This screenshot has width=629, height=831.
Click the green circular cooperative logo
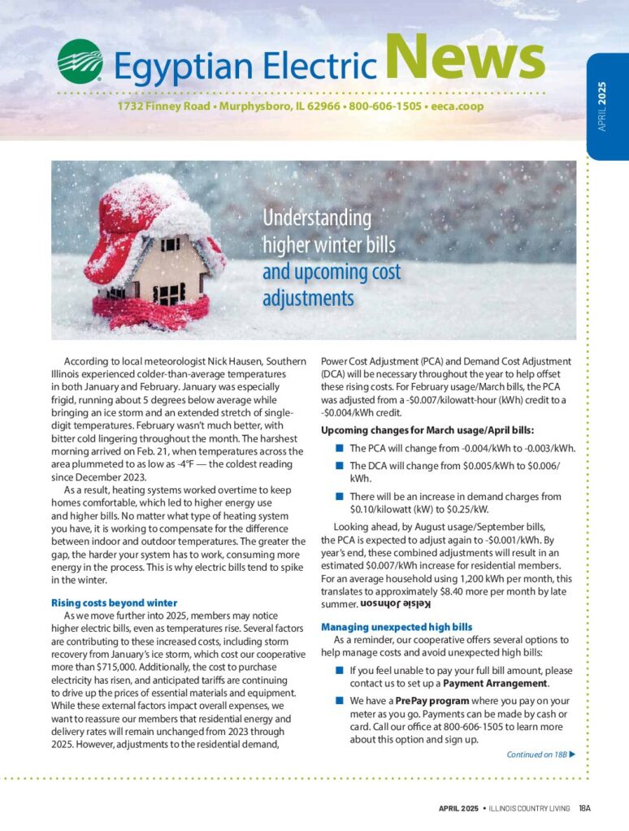pyautogui.click(x=80, y=61)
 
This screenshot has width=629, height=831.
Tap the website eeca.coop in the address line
pyautogui.click(x=463, y=107)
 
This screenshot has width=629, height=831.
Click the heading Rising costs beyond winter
pyautogui.click(x=114, y=603)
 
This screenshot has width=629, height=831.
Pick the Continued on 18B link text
pyautogui.click(x=536, y=754)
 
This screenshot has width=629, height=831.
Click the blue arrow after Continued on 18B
pyautogui.click(x=573, y=754)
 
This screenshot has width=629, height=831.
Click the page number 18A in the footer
pyautogui.click(x=585, y=808)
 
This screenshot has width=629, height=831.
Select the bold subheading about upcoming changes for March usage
pyautogui.click(x=427, y=430)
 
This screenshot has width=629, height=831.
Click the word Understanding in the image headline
pyautogui.click(x=317, y=218)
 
